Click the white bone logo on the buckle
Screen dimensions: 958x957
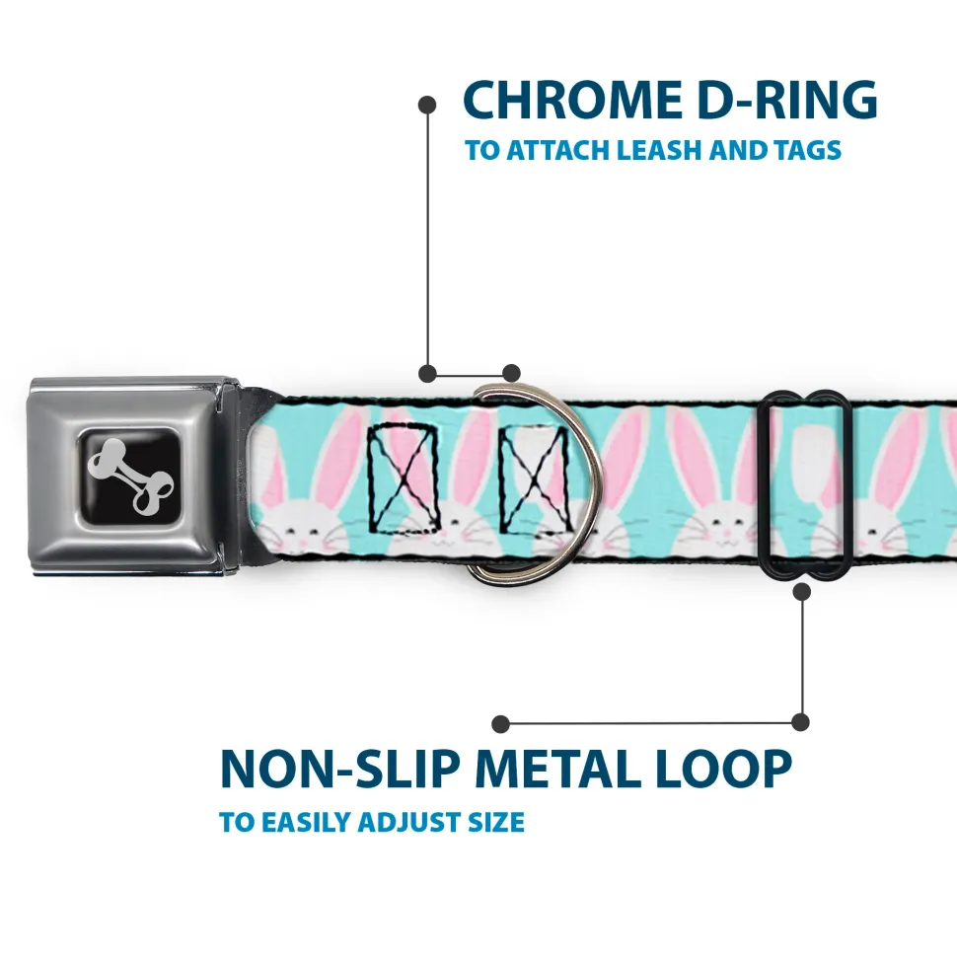133,475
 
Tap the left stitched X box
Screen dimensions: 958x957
404,476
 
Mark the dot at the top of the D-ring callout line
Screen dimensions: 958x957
427,103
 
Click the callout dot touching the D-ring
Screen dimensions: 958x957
510,373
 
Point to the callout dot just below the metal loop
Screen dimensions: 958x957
801,591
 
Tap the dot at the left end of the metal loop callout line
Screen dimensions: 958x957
501,724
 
